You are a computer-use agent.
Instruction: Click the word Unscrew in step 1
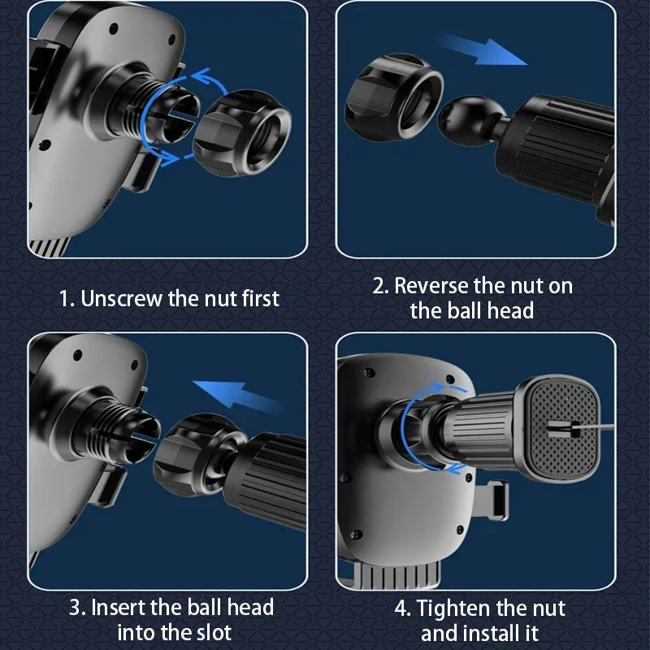pyautogui.click(x=120, y=299)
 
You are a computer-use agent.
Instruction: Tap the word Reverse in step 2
pyautogui.click(x=431, y=286)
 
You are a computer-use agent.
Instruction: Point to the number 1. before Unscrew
pyautogui.click(x=67, y=299)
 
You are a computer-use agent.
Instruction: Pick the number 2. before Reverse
pyautogui.click(x=380, y=286)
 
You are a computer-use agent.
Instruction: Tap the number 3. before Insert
pyautogui.click(x=77, y=607)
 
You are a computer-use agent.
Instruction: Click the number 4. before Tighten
pyautogui.click(x=402, y=609)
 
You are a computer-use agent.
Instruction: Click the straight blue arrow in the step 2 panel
pyautogui.click(x=481, y=49)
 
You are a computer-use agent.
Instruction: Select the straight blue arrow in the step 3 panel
pyautogui.click(x=239, y=396)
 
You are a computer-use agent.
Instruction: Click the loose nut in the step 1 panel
pyautogui.click(x=242, y=133)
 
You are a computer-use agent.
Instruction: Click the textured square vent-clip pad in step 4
pyautogui.click(x=562, y=428)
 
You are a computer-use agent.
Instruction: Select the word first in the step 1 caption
pyautogui.click(x=261, y=299)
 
